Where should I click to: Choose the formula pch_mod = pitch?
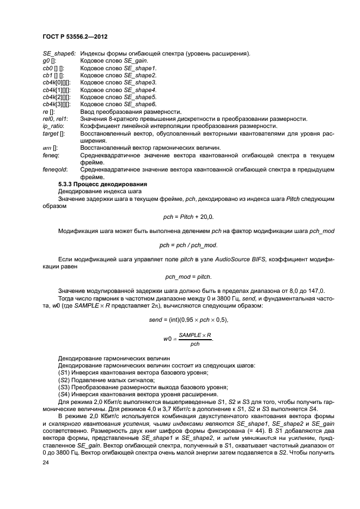188,277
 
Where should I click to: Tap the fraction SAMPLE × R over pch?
194,339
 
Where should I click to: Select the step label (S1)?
64,372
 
